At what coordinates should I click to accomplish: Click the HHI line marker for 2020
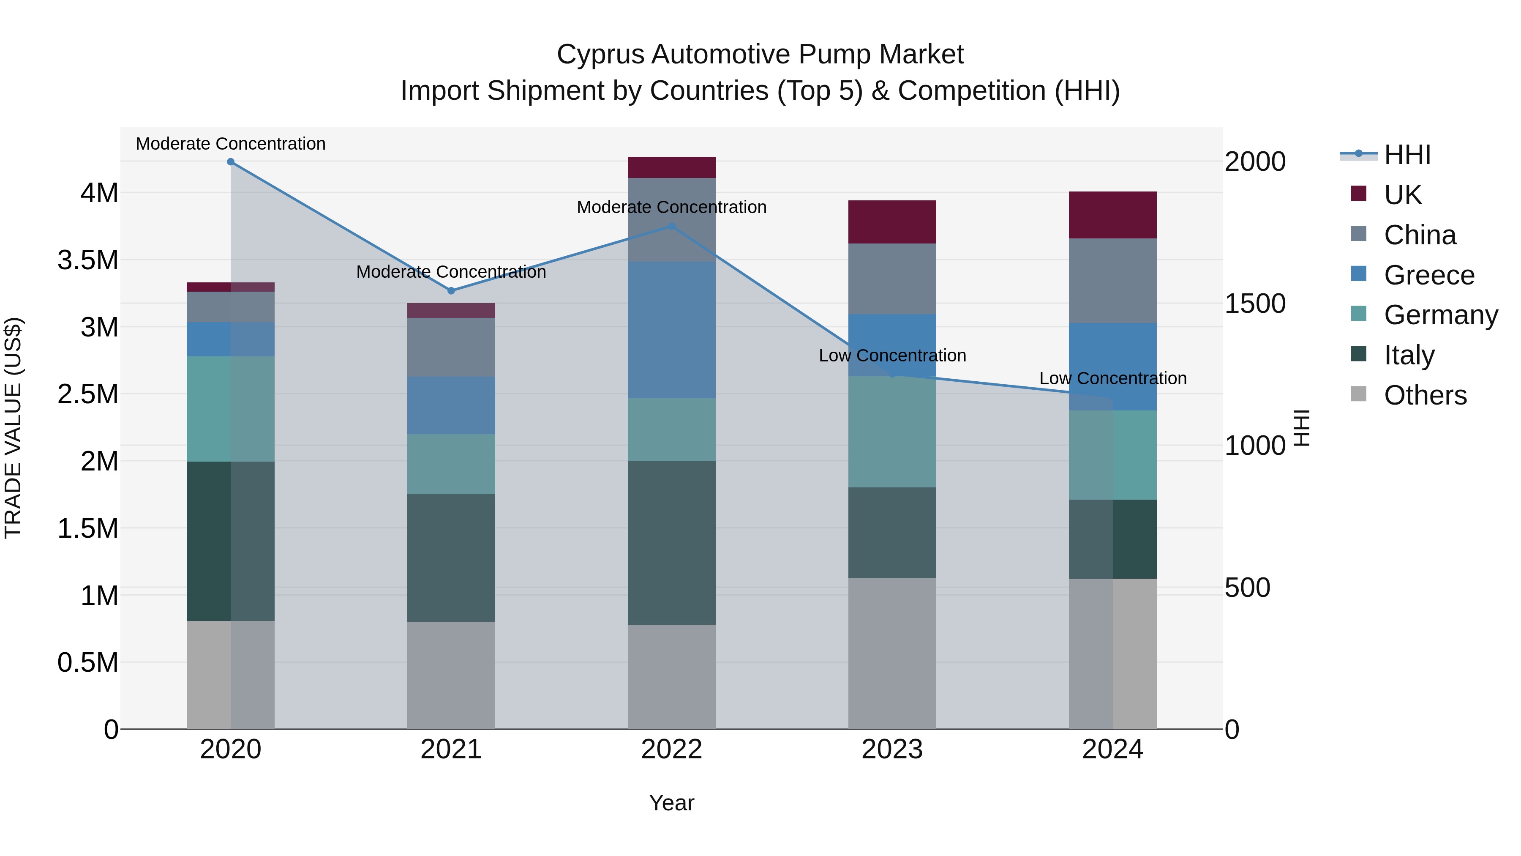231,162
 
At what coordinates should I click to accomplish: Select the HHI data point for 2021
451,291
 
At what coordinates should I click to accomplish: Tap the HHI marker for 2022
671,226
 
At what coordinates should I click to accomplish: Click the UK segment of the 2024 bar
1112,215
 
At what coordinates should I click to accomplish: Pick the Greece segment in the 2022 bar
671,330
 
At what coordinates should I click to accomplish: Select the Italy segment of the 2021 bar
451,558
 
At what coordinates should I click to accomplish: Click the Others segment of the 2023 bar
892,654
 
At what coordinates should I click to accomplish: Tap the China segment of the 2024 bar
1112,281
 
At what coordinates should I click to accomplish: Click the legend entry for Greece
1429,275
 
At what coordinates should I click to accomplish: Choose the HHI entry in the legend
1407,155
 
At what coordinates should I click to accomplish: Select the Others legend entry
1425,395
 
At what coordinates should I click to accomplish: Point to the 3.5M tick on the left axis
88,260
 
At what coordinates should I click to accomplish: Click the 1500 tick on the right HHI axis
1255,304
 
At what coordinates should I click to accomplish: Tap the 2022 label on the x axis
671,749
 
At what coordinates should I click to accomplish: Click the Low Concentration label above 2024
1112,378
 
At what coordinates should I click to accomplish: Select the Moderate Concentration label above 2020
231,144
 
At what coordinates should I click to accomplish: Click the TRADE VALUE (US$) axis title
13,428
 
